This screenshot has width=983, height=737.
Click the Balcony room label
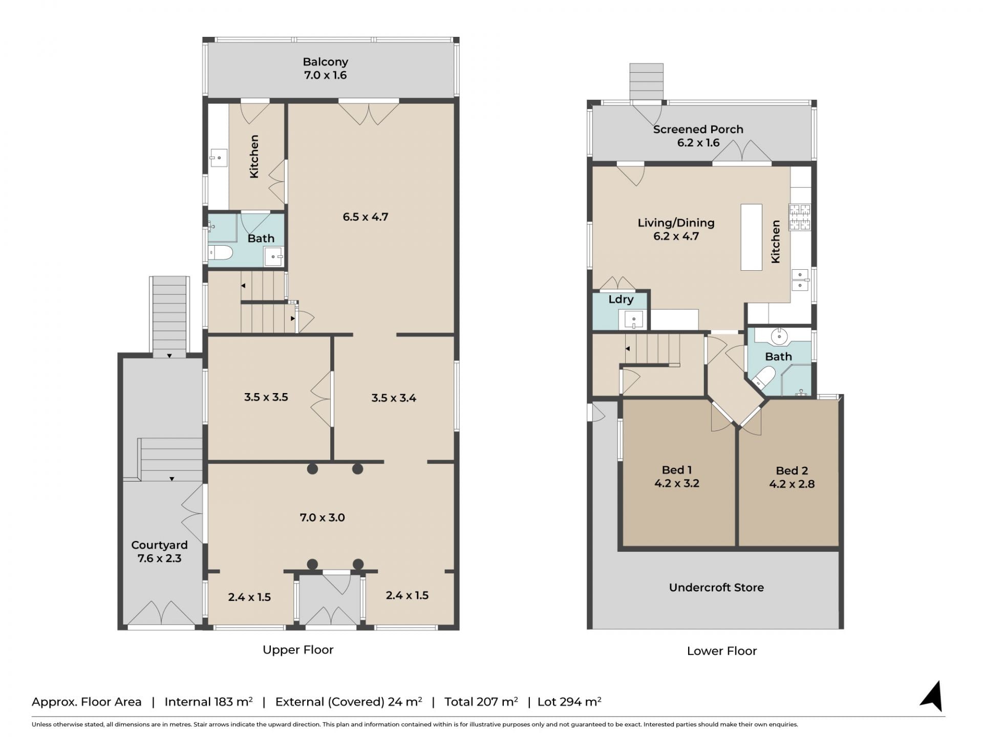coord(326,62)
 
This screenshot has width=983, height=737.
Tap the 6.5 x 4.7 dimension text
coord(366,217)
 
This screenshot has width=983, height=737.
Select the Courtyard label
coord(159,545)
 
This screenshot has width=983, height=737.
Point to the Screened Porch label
coord(698,129)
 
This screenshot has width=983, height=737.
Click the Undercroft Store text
coord(716,588)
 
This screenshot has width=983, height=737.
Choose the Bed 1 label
coord(677,470)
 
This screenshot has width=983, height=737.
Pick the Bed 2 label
coord(792,471)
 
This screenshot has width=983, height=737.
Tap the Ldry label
coord(621,299)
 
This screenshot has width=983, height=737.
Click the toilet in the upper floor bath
coord(221,252)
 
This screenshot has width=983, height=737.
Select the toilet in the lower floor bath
coord(762,378)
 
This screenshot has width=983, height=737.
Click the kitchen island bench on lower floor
coord(751,237)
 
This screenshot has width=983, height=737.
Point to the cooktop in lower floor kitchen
coord(800,217)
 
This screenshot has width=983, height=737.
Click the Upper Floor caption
coord(298,650)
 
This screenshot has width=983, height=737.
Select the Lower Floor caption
coord(722,651)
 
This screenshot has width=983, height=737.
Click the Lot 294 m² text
coord(569,702)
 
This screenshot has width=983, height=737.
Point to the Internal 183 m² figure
coord(208,702)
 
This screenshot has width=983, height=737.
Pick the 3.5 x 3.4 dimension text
coord(394,398)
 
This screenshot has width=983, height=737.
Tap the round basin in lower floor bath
coord(779,336)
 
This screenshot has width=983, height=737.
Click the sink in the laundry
coord(633,320)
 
